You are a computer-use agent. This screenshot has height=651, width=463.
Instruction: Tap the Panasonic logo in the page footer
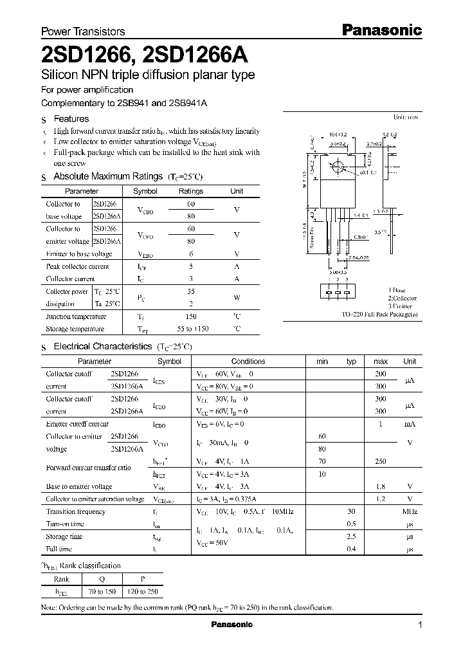tap(232, 625)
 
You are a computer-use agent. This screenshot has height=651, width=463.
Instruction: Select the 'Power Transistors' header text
tap(83, 31)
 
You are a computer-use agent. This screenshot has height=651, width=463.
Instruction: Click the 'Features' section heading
tap(71, 118)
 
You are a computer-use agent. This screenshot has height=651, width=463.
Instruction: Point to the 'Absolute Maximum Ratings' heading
tap(107, 176)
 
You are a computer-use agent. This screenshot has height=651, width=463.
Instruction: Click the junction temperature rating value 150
tap(190, 316)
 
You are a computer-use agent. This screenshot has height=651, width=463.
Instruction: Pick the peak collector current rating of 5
tap(190, 266)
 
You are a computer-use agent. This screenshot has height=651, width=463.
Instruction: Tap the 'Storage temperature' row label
tap(75, 329)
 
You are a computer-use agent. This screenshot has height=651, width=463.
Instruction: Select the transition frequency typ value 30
tap(351, 511)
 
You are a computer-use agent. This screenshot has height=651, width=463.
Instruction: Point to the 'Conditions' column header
tap(248, 362)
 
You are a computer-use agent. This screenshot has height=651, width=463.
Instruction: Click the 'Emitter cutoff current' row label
tap(77, 424)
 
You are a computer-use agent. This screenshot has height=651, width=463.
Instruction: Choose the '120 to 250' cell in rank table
tap(143, 591)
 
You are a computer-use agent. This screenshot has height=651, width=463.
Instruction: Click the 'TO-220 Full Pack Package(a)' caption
tap(379, 315)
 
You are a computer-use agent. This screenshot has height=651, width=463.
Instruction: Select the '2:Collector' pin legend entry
tap(402, 298)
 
